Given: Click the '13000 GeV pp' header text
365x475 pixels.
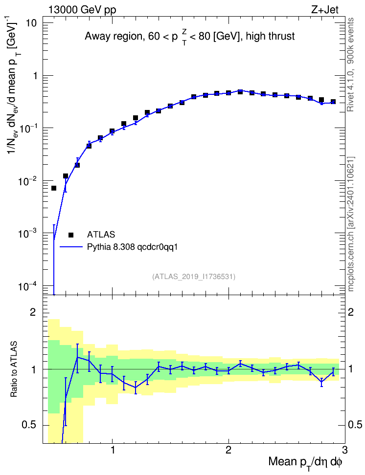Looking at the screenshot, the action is pyautogui.click(x=82, y=10).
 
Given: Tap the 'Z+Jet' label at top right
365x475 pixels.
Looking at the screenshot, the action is pyautogui.click(x=325, y=10).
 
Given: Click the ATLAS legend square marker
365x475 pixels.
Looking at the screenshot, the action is pyautogui.click(x=71, y=235).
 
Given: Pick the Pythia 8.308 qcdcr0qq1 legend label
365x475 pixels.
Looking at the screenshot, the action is pyautogui.click(x=132, y=247).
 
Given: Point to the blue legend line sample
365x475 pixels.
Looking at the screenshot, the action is pyautogui.click(x=71, y=247).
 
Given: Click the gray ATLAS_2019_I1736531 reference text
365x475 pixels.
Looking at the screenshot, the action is pyautogui.click(x=194, y=276).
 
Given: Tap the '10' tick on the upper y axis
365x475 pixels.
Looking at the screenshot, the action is pyautogui.click(x=31, y=23).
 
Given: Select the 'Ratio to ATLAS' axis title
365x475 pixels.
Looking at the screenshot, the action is pyautogui.click(x=14, y=369).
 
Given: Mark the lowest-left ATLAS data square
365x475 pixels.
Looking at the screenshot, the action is pyautogui.click(x=54, y=188).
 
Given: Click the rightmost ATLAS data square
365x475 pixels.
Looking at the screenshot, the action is pyautogui.click(x=333, y=102).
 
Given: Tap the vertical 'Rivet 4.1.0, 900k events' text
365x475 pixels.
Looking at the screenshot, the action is pyautogui.click(x=350, y=65).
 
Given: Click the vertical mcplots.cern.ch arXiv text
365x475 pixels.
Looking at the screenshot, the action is pyautogui.click(x=350, y=224).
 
